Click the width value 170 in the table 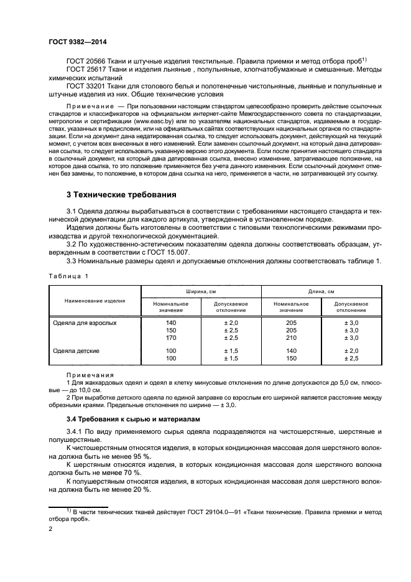(172, 338)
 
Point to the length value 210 (291, 338)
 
